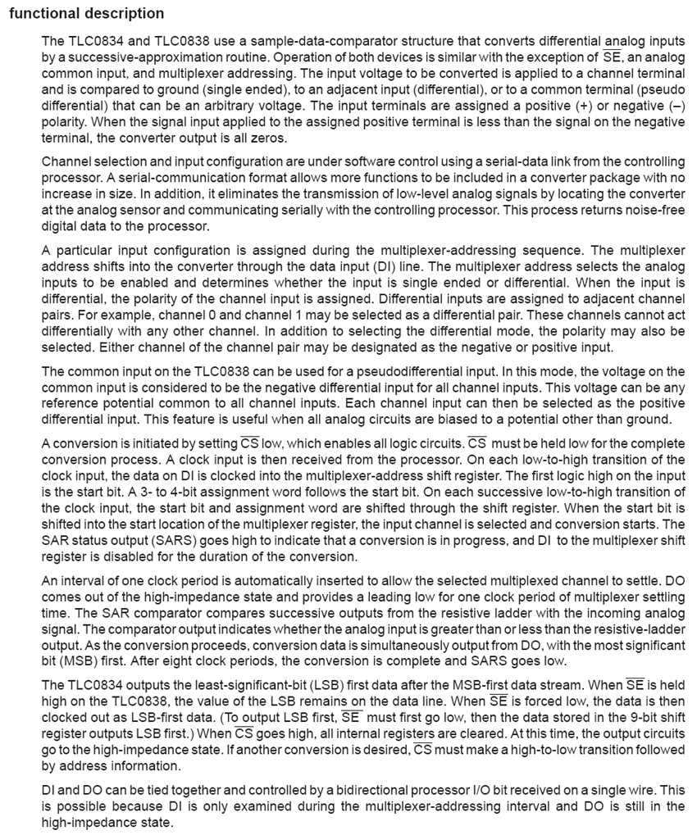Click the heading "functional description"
[86, 14]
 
